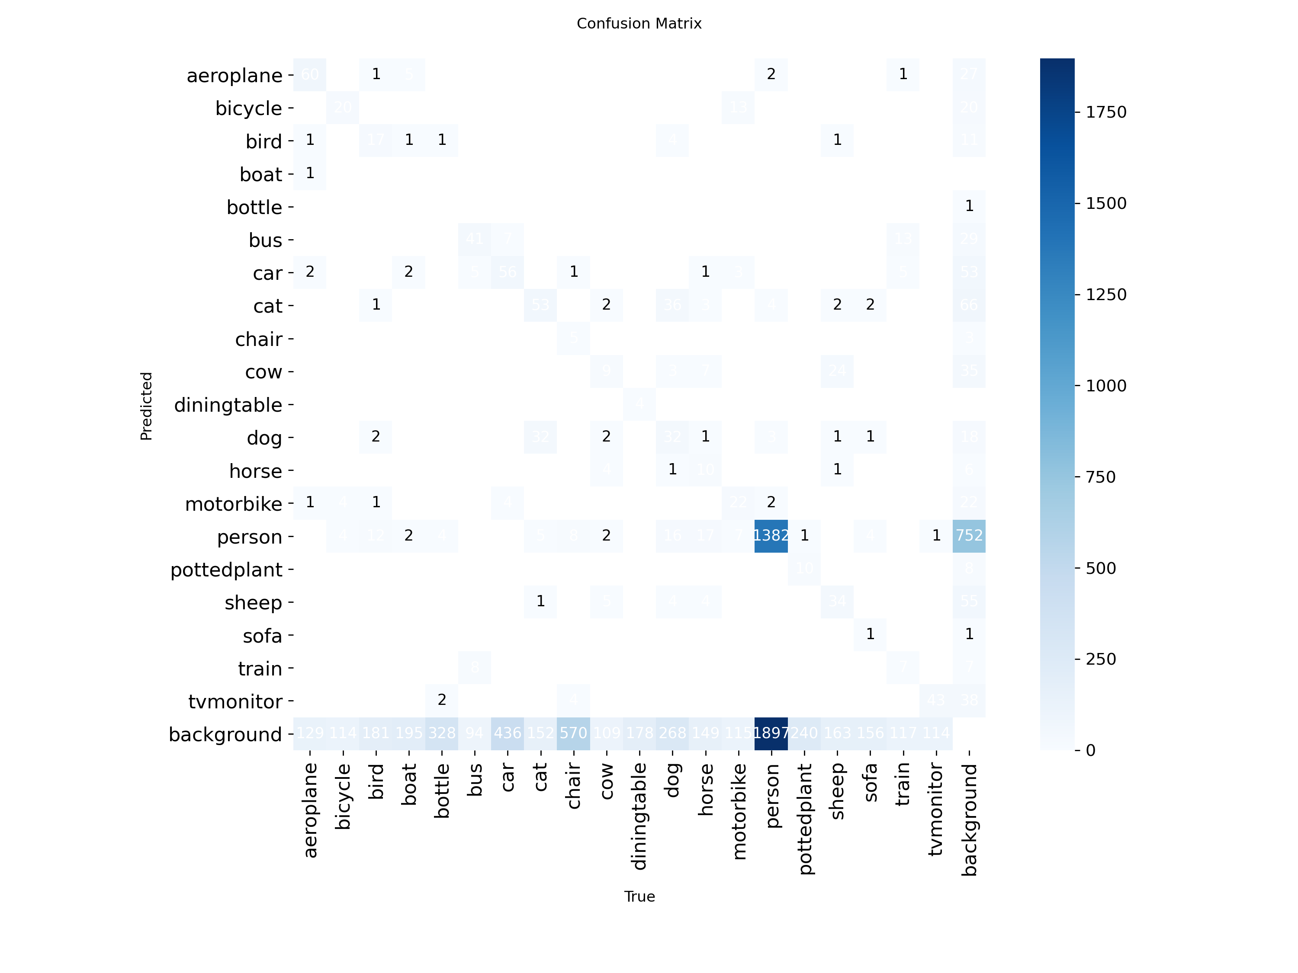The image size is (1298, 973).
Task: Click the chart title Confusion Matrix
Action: (x=639, y=23)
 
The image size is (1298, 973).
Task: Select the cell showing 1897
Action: (x=771, y=733)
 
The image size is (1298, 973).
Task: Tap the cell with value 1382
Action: (x=771, y=535)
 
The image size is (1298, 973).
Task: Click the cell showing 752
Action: (x=969, y=535)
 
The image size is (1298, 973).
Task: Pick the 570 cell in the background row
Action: (x=573, y=733)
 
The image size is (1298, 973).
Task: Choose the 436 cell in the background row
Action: (x=508, y=733)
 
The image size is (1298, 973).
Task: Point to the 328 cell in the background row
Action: (x=442, y=733)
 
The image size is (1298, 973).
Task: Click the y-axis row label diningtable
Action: (x=228, y=405)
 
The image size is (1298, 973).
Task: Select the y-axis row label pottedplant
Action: (x=227, y=570)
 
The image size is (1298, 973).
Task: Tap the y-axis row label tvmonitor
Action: (x=235, y=701)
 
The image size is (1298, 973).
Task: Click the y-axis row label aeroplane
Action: (x=235, y=76)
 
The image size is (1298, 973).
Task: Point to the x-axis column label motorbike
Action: (x=739, y=812)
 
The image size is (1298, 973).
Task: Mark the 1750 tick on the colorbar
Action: (x=1105, y=112)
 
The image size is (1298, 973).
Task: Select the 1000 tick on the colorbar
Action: (x=1105, y=386)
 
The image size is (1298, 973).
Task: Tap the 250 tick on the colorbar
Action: (x=1101, y=659)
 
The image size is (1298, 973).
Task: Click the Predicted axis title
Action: (x=146, y=406)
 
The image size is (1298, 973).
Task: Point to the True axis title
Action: (x=639, y=896)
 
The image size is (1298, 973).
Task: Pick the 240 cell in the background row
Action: (x=804, y=733)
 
